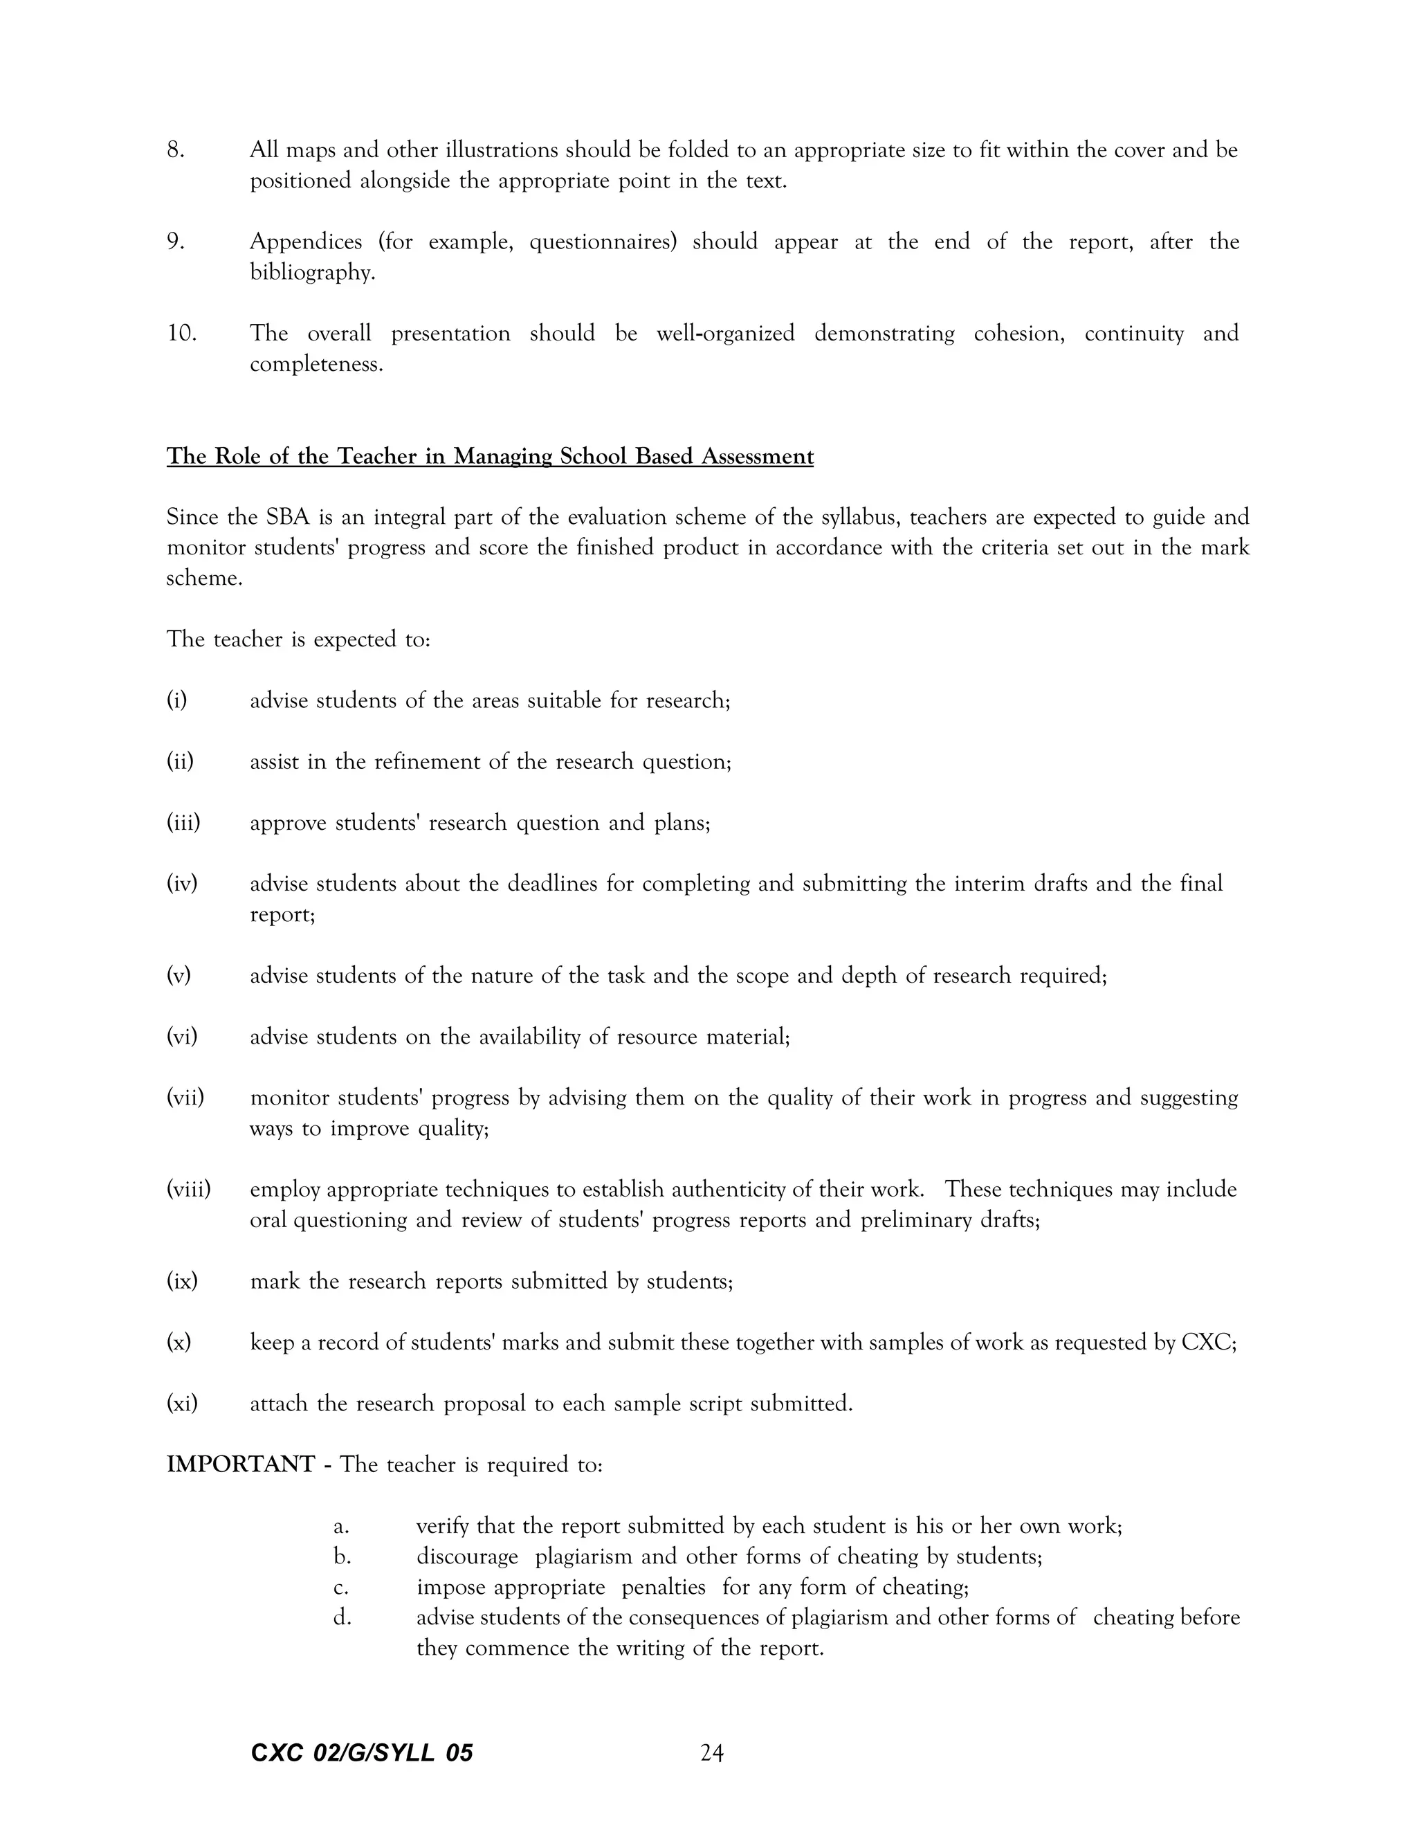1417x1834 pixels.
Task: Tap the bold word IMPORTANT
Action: coord(240,1464)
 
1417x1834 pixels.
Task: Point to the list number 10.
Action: coord(181,334)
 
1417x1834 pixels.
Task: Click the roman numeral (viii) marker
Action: coord(188,1189)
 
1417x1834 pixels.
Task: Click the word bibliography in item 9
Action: coord(311,273)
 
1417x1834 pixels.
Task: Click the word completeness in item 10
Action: coord(316,365)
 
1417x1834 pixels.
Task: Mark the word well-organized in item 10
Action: coord(725,334)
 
